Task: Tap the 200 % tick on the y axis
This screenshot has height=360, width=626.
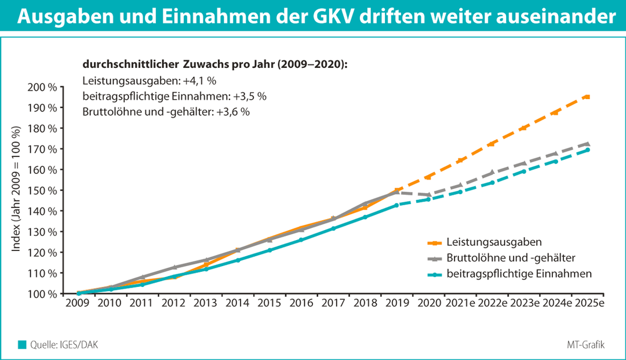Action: tap(43, 87)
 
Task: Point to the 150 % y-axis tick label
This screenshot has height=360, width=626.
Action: tap(43, 190)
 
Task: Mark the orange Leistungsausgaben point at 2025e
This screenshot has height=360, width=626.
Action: tap(587, 96)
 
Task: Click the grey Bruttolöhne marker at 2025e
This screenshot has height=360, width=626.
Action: tap(587, 143)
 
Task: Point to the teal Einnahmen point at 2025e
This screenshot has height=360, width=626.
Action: tap(587, 150)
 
